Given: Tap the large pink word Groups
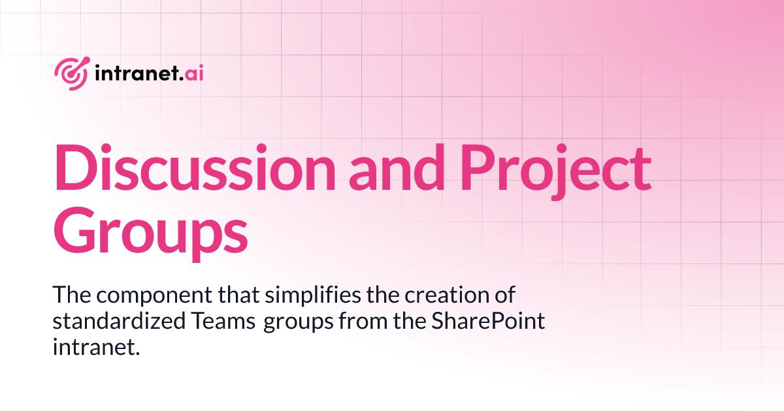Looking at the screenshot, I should click(150, 232).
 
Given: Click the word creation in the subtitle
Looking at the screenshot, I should click(441, 296).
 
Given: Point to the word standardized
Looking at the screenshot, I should click(109, 322).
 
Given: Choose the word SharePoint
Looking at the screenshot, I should click(490, 322).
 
